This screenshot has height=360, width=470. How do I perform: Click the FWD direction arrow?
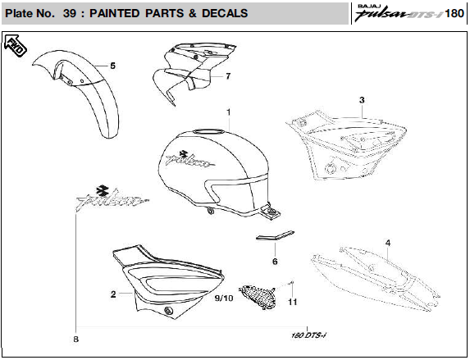tap(16, 46)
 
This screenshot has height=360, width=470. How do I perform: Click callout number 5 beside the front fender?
tap(112, 66)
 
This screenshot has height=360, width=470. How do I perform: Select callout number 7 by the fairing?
tap(228, 76)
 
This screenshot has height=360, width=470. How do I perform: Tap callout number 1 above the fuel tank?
tap(229, 112)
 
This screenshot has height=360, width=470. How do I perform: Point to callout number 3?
tap(362, 100)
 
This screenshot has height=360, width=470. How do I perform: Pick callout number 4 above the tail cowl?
tap(388, 243)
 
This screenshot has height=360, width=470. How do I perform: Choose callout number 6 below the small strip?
tap(275, 262)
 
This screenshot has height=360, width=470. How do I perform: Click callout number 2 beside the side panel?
tap(113, 294)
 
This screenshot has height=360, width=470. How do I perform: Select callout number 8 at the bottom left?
tap(75, 339)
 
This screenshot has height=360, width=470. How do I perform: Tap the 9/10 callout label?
tap(224, 298)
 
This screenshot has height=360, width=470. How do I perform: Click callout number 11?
tap(293, 302)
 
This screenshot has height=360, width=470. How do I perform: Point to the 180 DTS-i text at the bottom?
tap(308, 335)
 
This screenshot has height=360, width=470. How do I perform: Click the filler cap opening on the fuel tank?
tap(208, 131)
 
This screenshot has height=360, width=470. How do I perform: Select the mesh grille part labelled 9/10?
tap(258, 297)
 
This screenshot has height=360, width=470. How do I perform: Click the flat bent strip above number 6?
tap(275, 235)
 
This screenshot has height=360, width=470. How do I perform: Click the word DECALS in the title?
tap(225, 13)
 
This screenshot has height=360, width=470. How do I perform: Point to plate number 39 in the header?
tap(70, 13)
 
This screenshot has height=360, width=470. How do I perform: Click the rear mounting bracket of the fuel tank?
tap(271, 212)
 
